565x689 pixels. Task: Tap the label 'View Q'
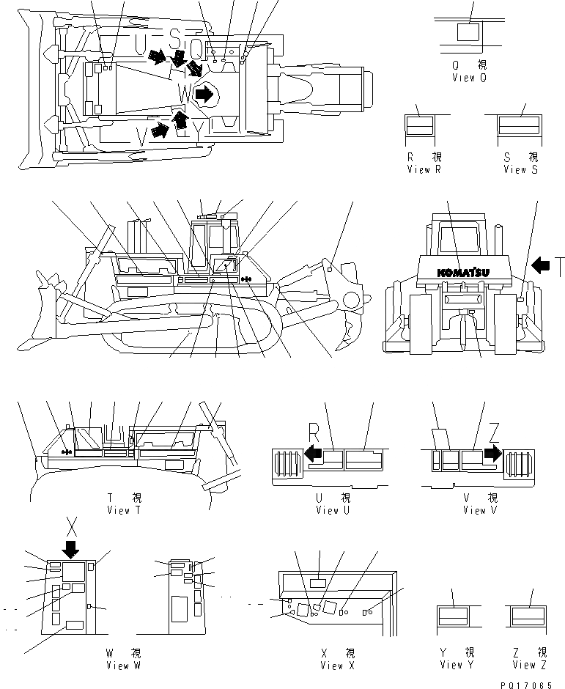(x=469, y=78)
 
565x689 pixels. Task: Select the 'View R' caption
(x=424, y=169)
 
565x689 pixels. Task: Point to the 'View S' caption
(x=520, y=169)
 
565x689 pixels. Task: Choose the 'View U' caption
(x=328, y=511)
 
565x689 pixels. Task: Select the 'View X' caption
(x=337, y=666)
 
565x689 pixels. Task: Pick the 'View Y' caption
(x=451, y=665)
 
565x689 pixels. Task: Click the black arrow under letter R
(x=314, y=453)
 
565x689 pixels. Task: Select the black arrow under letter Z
(x=492, y=453)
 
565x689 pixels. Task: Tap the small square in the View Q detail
(x=467, y=32)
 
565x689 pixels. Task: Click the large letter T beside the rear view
(x=558, y=266)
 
